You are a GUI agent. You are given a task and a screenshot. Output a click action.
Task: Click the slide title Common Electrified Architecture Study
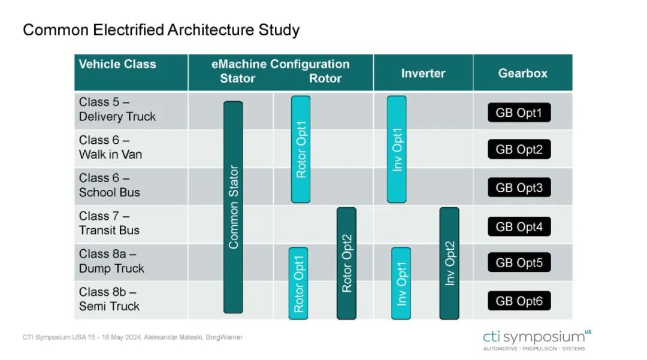161,30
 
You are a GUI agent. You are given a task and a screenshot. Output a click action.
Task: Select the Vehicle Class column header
117,64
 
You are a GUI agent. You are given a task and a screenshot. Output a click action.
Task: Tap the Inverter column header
423,74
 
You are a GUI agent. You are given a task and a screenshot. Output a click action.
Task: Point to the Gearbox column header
522,74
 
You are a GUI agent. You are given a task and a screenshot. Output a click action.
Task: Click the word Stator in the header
238,78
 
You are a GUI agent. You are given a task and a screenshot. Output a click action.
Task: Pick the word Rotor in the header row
325,78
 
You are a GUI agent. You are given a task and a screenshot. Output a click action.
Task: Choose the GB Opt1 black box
519,113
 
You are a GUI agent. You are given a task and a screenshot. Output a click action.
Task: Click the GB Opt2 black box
519,149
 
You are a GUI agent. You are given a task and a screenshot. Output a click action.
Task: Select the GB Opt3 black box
519,187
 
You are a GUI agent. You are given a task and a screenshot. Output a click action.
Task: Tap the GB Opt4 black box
519,226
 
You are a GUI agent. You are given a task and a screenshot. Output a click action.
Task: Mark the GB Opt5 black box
519,262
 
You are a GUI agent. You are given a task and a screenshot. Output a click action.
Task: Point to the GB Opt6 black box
519,301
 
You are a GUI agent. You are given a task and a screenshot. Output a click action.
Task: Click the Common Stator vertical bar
233,207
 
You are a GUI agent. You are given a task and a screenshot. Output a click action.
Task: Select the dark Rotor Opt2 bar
347,263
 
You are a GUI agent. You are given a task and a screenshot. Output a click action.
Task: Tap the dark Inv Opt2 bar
449,263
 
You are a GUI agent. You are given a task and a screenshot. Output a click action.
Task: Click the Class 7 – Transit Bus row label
110,223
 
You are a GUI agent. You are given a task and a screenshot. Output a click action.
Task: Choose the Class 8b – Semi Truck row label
110,299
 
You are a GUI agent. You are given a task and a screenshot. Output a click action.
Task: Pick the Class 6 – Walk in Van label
111,147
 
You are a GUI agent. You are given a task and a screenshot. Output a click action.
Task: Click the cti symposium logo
537,340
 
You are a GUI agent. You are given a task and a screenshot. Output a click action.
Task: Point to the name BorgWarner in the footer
224,337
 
